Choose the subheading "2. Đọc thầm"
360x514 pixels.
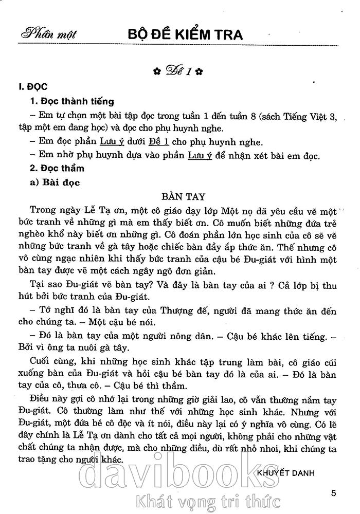[57, 168]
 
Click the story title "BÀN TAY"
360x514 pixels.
[183, 196]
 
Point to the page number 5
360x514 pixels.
[334, 493]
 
